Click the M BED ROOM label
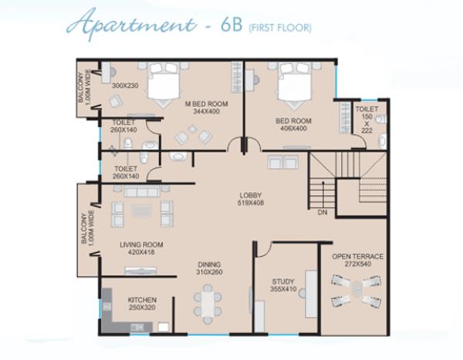pos(206,104)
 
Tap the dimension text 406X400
pos(293,129)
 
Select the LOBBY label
pos(250,195)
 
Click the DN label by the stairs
pos(323,212)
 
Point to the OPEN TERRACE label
pos(357,257)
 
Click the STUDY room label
pos(283,281)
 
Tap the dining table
pos(208,304)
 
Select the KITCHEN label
pos(142,300)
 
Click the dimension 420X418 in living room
pos(141,252)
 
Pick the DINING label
pos(209,264)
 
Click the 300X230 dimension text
pos(125,86)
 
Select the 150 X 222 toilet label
pos(367,119)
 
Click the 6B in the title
pos(231,25)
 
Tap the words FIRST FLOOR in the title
pos(280,28)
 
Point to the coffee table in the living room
pos(142,210)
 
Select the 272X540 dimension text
pos(357,264)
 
